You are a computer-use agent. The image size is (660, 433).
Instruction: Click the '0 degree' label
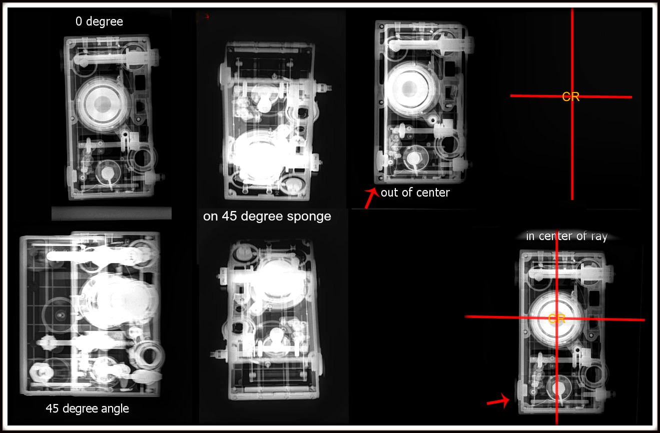pyautogui.click(x=99, y=21)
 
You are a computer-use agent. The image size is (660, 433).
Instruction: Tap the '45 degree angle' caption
pyautogui.click(x=87, y=408)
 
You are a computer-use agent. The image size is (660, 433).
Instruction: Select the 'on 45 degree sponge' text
pyautogui.click(x=267, y=216)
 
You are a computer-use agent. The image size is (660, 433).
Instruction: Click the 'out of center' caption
pyautogui.click(x=415, y=192)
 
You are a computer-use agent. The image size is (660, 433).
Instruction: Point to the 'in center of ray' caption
pyautogui.click(x=566, y=236)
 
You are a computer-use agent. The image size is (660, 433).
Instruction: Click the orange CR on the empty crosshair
pyautogui.click(x=571, y=97)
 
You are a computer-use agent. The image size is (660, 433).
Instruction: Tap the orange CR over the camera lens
pyautogui.click(x=556, y=318)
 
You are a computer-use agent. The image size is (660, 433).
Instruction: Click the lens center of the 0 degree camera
pyautogui.click(x=103, y=104)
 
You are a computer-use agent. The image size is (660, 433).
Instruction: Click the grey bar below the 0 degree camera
pyautogui.click(x=112, y=213)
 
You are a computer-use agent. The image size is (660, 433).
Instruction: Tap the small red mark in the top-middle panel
pyautogui.click(x=206, y=16)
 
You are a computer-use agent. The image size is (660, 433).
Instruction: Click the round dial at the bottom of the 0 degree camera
pyautogui.click(x=108, y=172)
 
